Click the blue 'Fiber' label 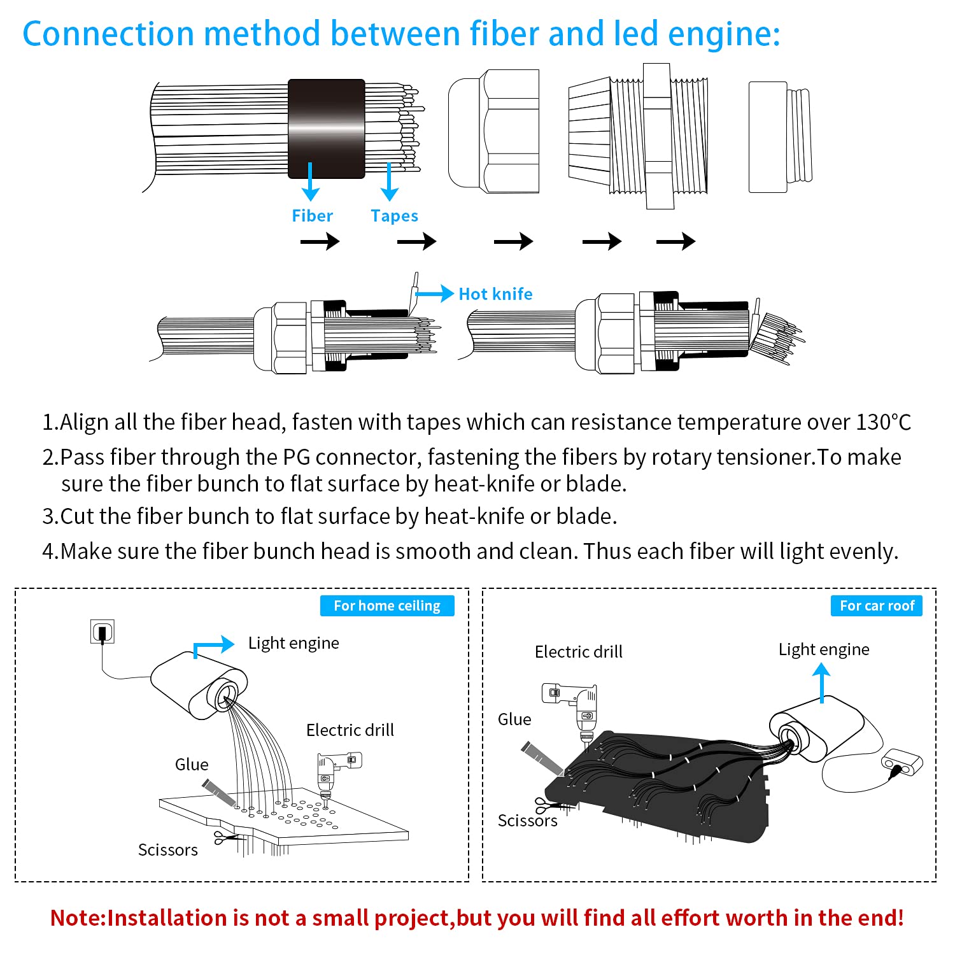[x=312, y=216]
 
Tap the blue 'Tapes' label [x=394, y=216]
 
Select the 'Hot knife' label [x=495, y=294]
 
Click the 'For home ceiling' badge [x=387, y=605]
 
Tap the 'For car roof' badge [x=876, y=605]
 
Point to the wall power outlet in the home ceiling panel [x=103, y=632]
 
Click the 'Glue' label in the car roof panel [x=514, y=719]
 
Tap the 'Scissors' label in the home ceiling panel [x=167, y=850]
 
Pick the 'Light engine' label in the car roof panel [x=824, y=649]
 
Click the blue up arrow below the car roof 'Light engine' [x=822, y=682]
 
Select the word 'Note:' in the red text [x=78, y=917]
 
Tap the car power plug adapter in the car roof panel [x=902, y=763]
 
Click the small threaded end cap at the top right [x=780, y=136]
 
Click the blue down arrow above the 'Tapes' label [x=389, y=181]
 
